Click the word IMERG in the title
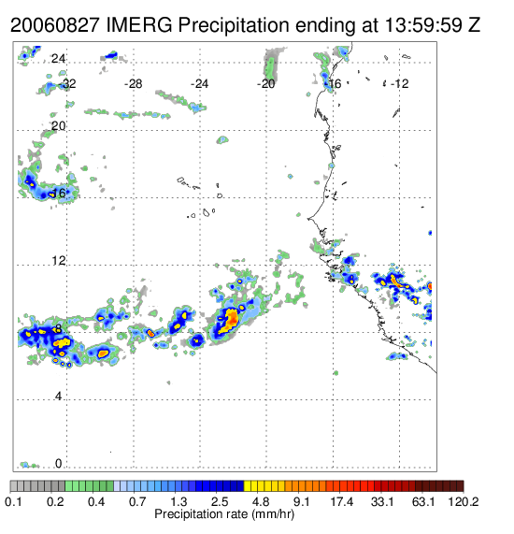click(139, 25)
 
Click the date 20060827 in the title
click(55, 25)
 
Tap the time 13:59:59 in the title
click(423, 25)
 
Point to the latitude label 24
click(58, 59)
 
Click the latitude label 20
click(58, 126)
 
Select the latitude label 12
click(58, 261)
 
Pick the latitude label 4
click(59, 397)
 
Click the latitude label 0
click(59, 464)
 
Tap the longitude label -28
click(133, 84)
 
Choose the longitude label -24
click(199, 84)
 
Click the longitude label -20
click(265, 84)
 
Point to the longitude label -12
click(399, 84)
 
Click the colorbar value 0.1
click(14, 501)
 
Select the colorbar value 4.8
click(261, 501)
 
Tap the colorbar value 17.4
click(342, 501)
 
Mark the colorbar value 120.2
click(463, 501)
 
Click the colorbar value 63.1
click(423, 501)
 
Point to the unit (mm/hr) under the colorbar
click(273, 514)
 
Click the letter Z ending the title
click(474, 25)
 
